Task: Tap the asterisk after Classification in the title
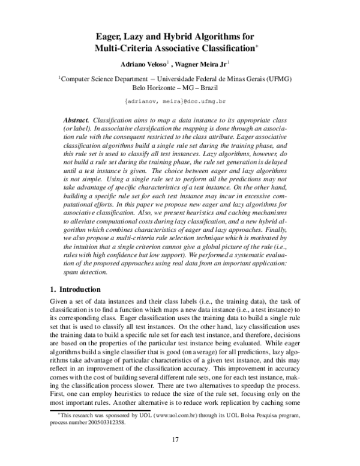(257, 45)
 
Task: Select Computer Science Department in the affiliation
(108, 78)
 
